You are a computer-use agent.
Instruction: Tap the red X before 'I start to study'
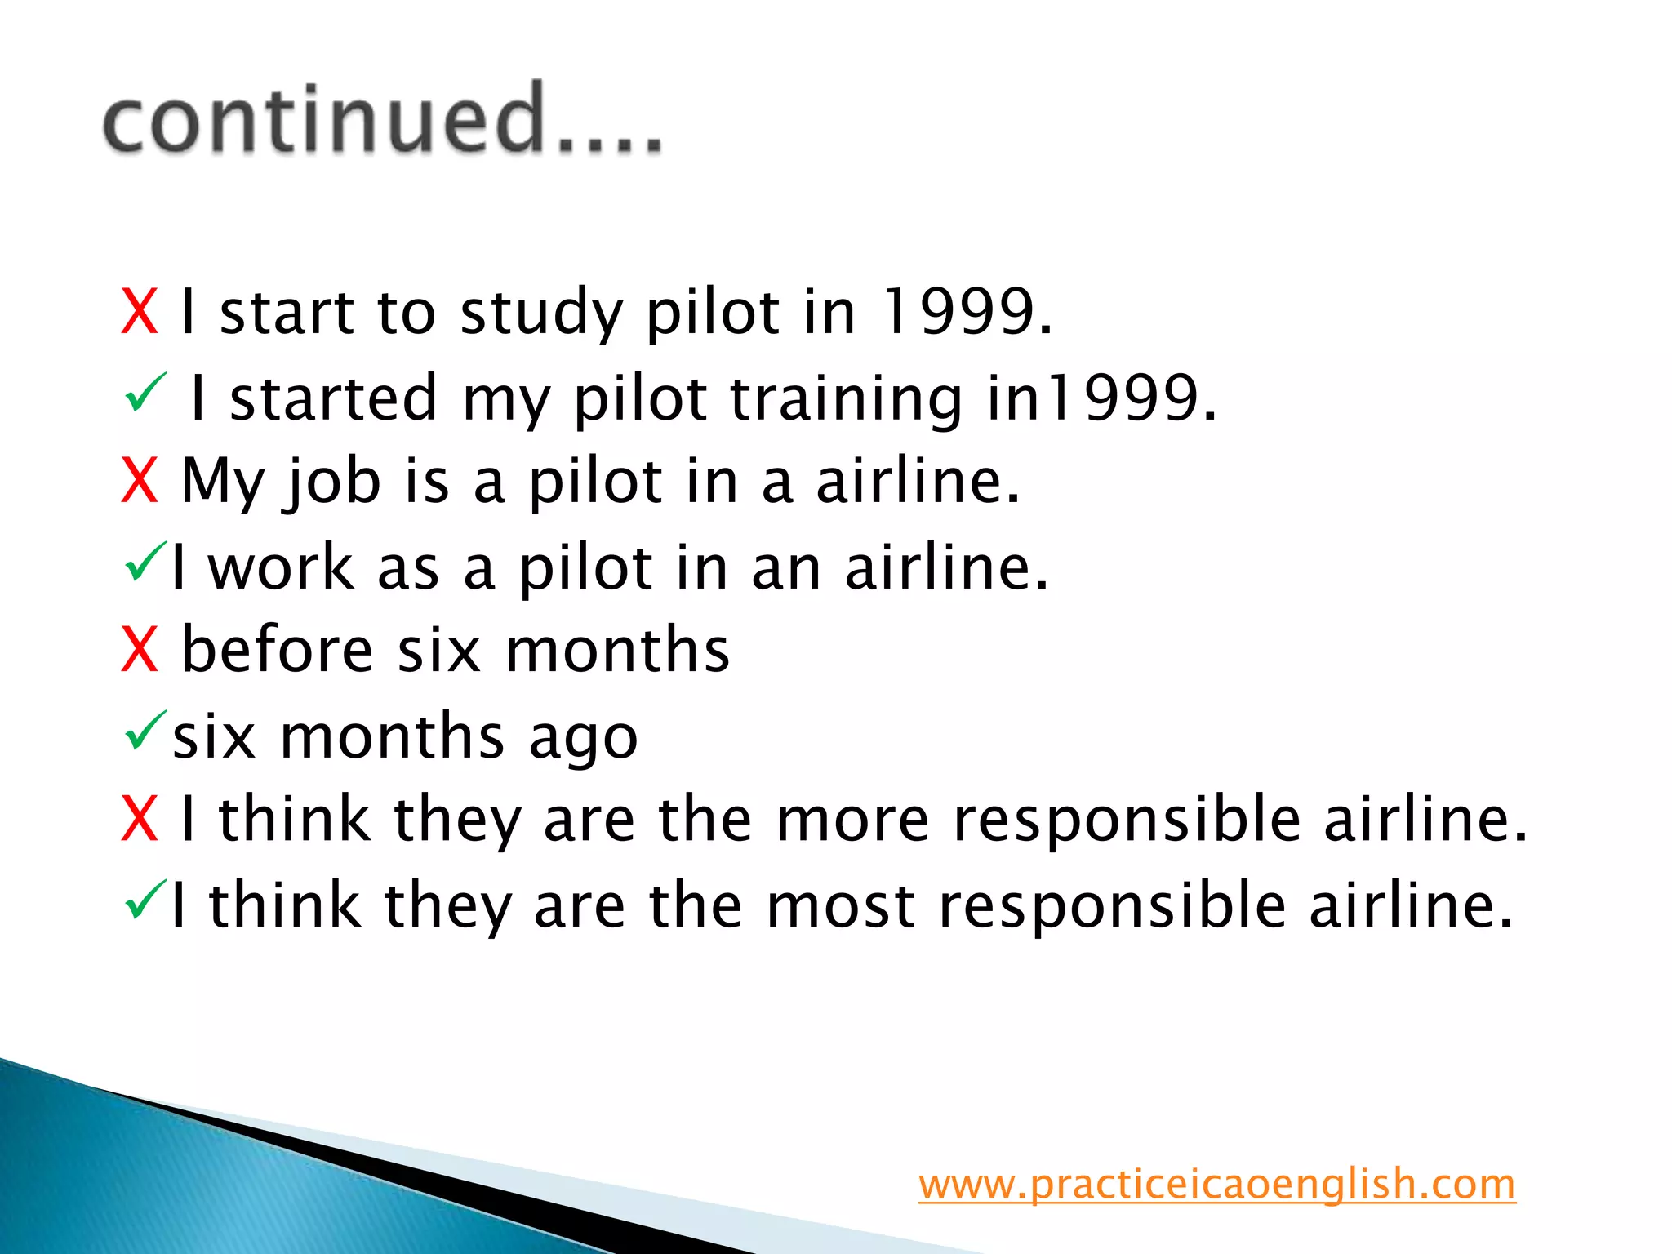(x=139, y=312)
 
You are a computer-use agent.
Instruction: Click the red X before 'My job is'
(x=139, y=481)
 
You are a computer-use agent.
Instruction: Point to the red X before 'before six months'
(x=139, y=650)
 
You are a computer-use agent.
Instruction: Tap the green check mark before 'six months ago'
(x=146, y=730)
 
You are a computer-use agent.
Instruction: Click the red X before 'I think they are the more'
(x=139, y=819)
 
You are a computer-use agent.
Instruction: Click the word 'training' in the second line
(x=846, y=398)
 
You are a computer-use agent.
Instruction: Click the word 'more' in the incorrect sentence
(x=852, y=819)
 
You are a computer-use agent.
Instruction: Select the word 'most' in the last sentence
(x=840, y=905)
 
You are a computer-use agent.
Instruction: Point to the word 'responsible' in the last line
(x=1113, y=905)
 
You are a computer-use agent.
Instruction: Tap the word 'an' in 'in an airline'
(x=785, y=568)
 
